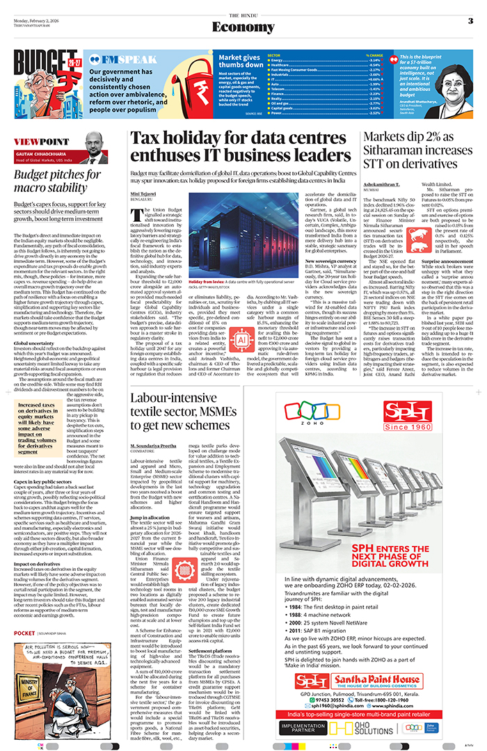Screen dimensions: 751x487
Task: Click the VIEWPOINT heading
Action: [35, 141]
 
